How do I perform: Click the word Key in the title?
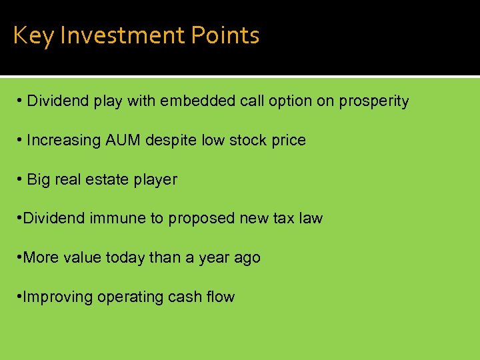click(x=33, y=35)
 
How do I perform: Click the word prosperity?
click(x=374, y=102)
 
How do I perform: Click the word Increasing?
click(x=63, y=141)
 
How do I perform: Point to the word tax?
click(x=281, y=219)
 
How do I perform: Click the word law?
click(x=311, y=219)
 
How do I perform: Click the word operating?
click(x=127, y=297)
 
